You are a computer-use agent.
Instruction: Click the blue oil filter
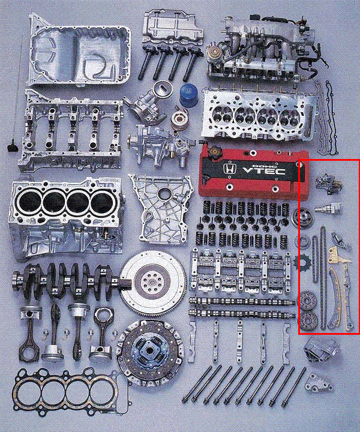click(189, 95)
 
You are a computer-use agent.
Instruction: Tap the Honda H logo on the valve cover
click(228, 169)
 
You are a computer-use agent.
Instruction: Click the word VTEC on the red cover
click(264, 170)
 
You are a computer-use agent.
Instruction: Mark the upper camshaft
click(242, 301)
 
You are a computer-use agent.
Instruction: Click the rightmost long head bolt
click(293, 388)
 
